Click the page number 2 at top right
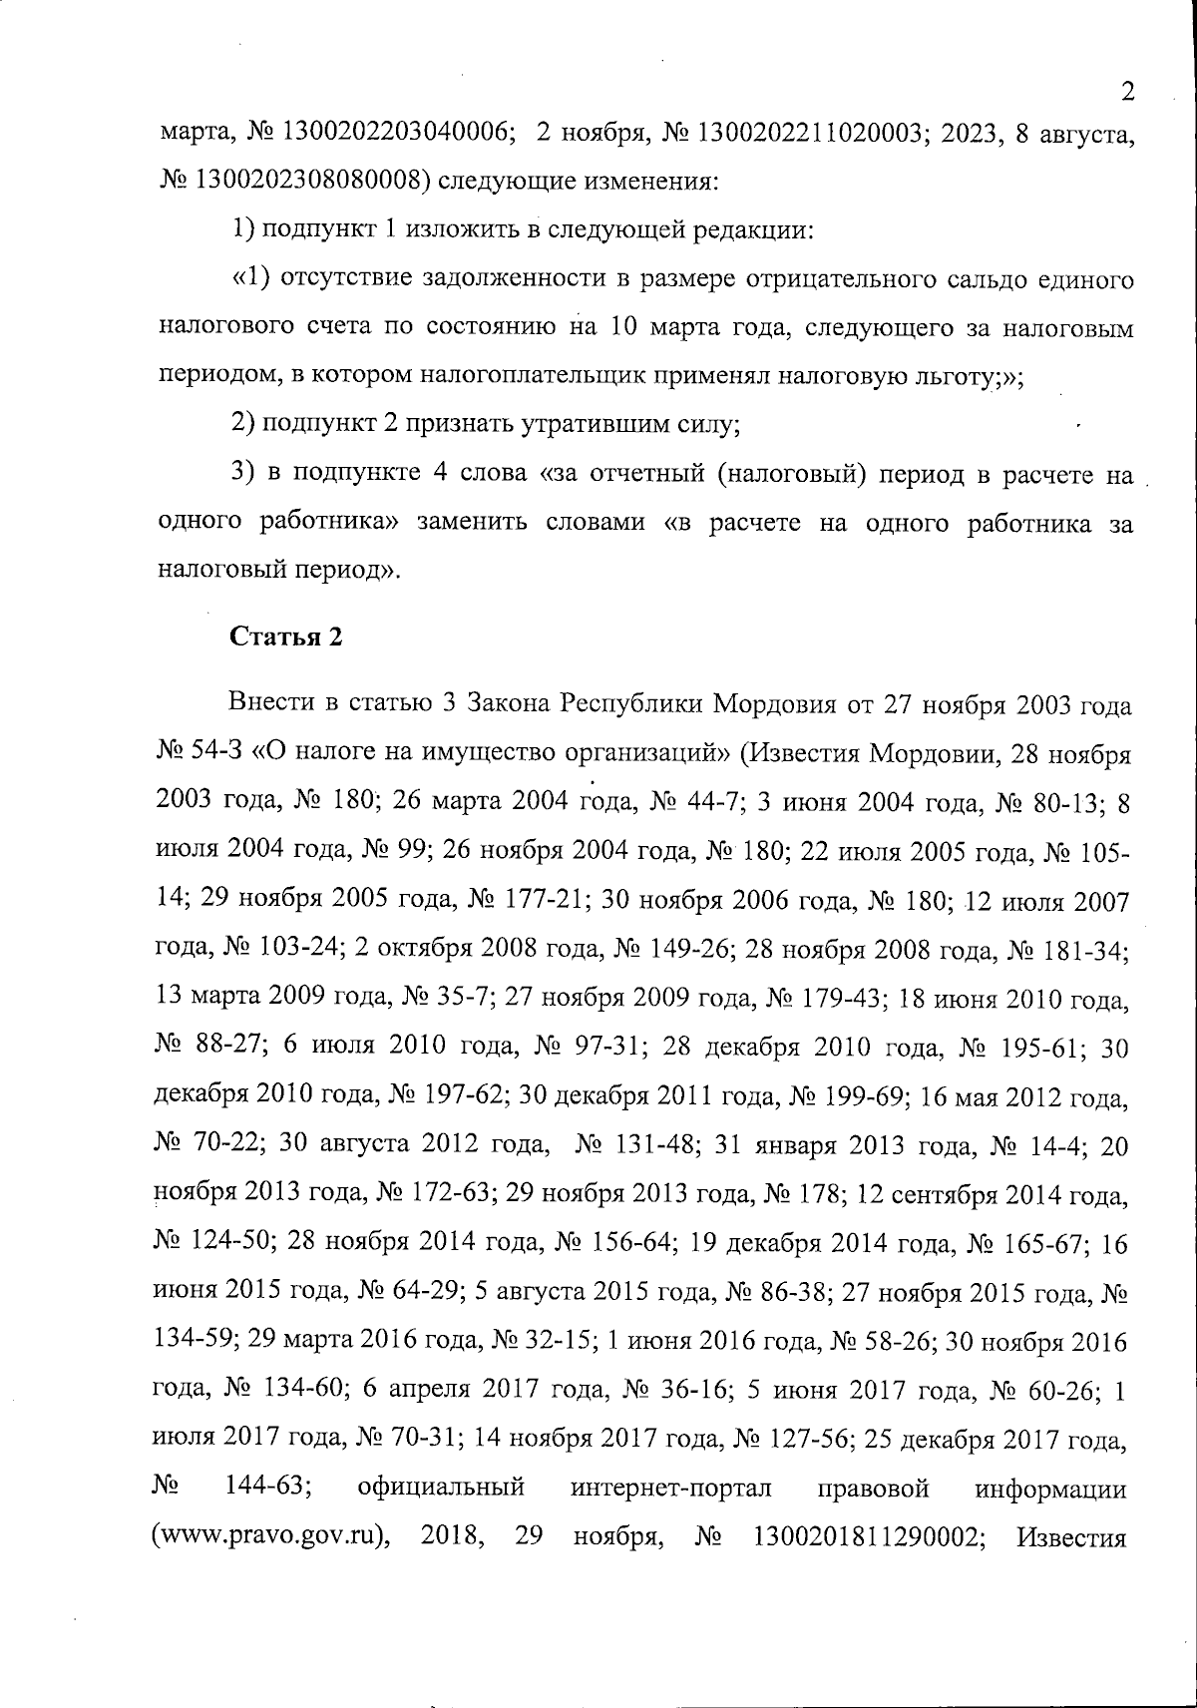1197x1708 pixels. [1128, 93]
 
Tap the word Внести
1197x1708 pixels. [271, 706]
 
